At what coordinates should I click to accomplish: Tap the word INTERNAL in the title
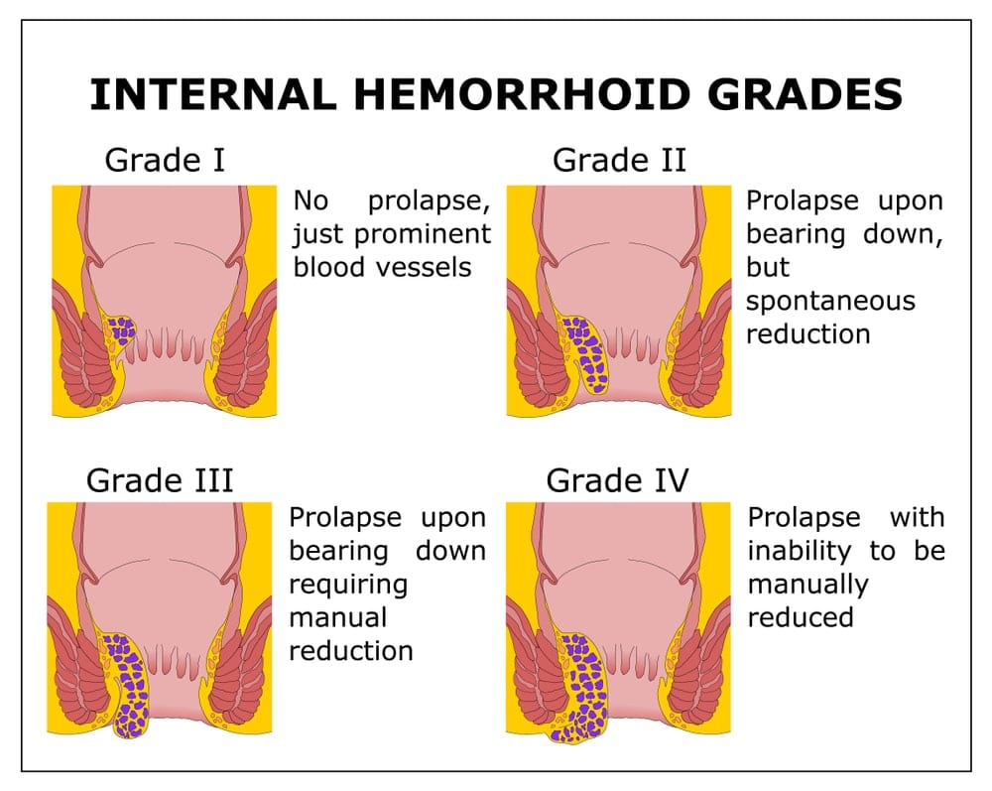point(209,94)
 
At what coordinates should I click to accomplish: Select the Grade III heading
point(160,480)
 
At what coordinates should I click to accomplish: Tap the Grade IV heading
point(617,480)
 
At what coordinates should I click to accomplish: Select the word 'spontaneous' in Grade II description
point(830,301)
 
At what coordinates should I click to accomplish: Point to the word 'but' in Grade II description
point(768,267)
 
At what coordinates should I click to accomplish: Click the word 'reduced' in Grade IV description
point(801,617)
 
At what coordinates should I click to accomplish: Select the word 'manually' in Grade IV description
point(807,584)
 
